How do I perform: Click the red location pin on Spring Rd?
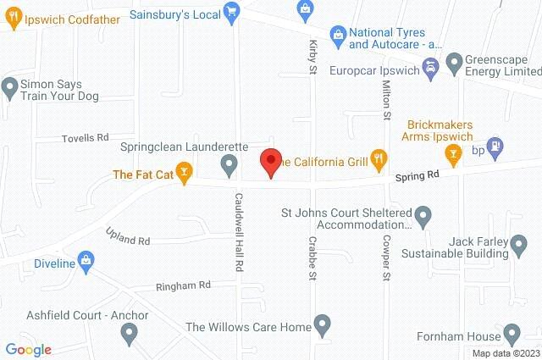click(x=270, y=160)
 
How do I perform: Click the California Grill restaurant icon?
click(x=379, y=157)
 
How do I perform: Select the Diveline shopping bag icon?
click(x=86, y=260)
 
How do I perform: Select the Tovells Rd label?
click(x=86, y=137)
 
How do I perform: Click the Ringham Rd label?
click(x=182, y=286)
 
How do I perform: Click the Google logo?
click(x=28, y=349)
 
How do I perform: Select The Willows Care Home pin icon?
click(x=321, y=323)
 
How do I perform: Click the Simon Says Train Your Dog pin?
click(x=10, y=86)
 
